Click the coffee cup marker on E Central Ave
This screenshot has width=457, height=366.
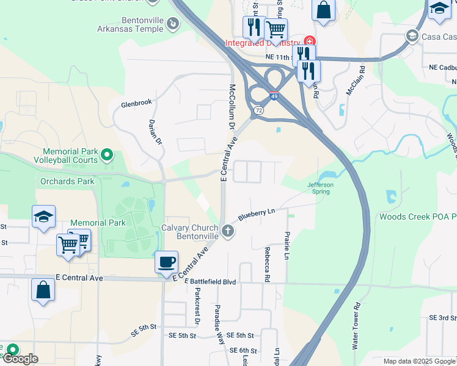(x=166, y=263)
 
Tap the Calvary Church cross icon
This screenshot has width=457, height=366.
(x=228, y=231)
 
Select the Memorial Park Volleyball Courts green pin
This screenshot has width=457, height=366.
(x=108, y=155)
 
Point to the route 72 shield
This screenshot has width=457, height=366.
(x=258, y=110)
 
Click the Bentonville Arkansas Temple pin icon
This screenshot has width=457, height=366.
(x=174, y=24)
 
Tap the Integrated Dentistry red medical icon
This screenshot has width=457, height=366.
(x=310, y=42)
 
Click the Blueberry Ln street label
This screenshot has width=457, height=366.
(x=257, y=214)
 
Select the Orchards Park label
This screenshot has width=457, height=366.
(x=67, y=181)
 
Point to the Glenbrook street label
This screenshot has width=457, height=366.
(x=136, y=102)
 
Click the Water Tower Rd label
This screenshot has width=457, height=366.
(x=357, y=326)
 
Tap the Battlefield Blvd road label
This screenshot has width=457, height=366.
(x=213, y=281)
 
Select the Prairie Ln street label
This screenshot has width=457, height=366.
(x=287, y=245)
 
